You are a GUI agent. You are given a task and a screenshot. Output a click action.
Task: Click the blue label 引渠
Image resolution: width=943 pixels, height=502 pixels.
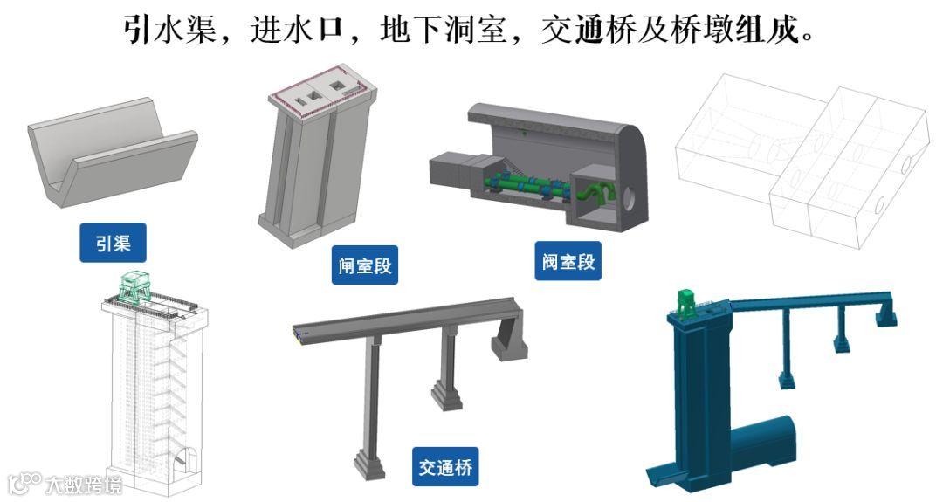click(113, 243)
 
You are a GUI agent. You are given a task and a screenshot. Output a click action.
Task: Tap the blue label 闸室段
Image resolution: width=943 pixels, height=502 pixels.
click(364, 265)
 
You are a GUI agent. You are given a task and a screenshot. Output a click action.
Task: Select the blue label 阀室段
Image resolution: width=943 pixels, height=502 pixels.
click(568, 261)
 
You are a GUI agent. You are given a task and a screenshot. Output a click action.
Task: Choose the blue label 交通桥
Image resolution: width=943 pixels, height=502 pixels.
click(445, 466)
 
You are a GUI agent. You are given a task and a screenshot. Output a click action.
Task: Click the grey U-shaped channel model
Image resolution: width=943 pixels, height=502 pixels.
click(113, 153)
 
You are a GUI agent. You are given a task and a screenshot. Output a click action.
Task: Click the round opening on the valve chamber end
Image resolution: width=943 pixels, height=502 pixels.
click(629, 198)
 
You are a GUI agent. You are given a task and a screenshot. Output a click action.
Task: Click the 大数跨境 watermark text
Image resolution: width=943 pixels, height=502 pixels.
click(84, 485)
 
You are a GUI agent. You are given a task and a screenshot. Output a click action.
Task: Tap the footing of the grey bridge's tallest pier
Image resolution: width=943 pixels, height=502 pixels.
click(370, 464)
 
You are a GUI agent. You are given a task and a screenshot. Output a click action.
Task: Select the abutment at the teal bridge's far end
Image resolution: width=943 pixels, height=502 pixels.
click(886, 313)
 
